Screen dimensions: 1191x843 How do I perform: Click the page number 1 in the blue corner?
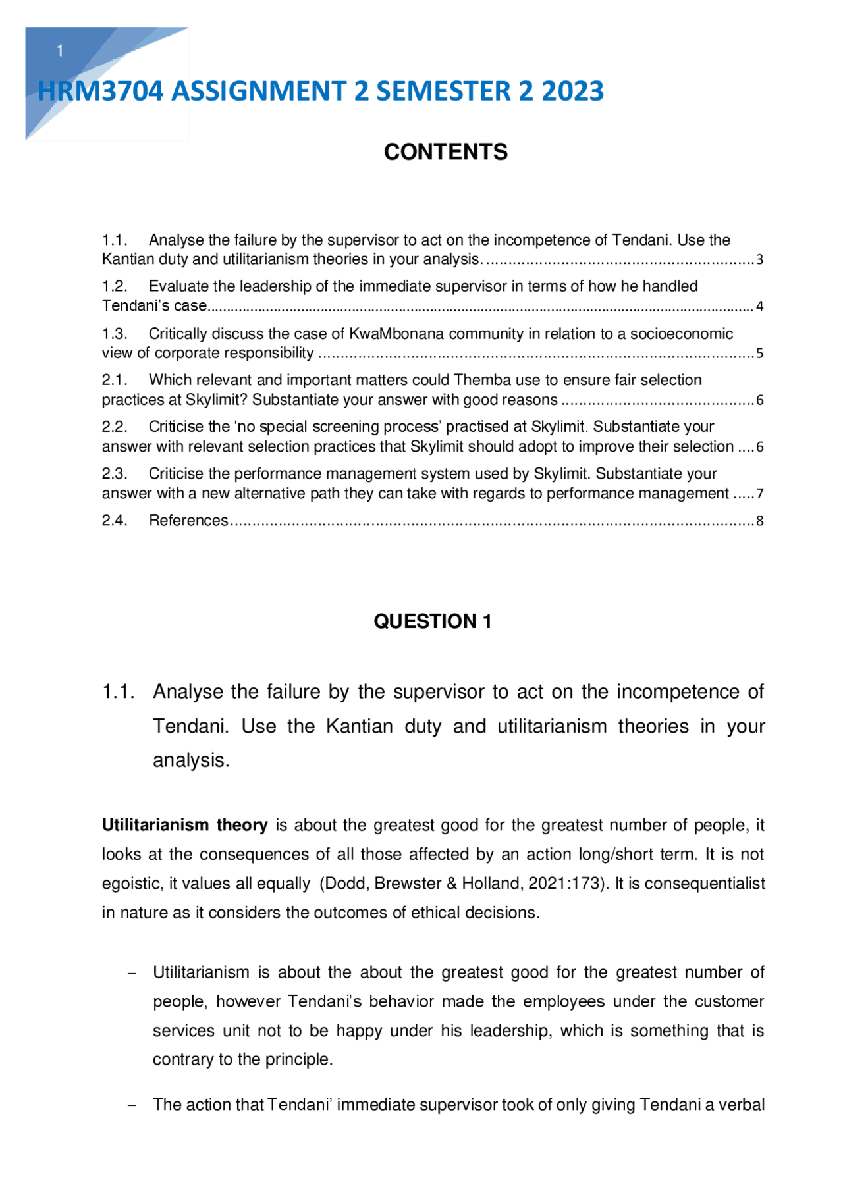pyautogui.click(x=60, y=51)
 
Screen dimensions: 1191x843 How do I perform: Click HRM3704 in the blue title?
pyautogui.click(x=100, y=92)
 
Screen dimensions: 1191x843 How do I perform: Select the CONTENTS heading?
pyautogui.click(x=446, y=152)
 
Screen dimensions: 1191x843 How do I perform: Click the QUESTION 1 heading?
pyautogui.click(x=433, y=622)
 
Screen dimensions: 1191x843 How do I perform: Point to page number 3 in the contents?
pyautogui.click(x=759, y=260)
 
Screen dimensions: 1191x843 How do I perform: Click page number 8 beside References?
pyautogui.click(x=759, y=521)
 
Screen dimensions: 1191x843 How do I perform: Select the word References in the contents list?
pyautogui.click(x=188, y=521)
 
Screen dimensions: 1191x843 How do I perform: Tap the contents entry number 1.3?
pyautogui.click(x=115, y=334)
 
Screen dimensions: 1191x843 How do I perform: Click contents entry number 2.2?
pyautogui.click(x=115, y=427)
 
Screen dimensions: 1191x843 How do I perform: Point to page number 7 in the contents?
pyautogui.click(x=759, y=494)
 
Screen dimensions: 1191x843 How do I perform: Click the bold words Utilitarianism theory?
pyautogui.click(x=184, y=825)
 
